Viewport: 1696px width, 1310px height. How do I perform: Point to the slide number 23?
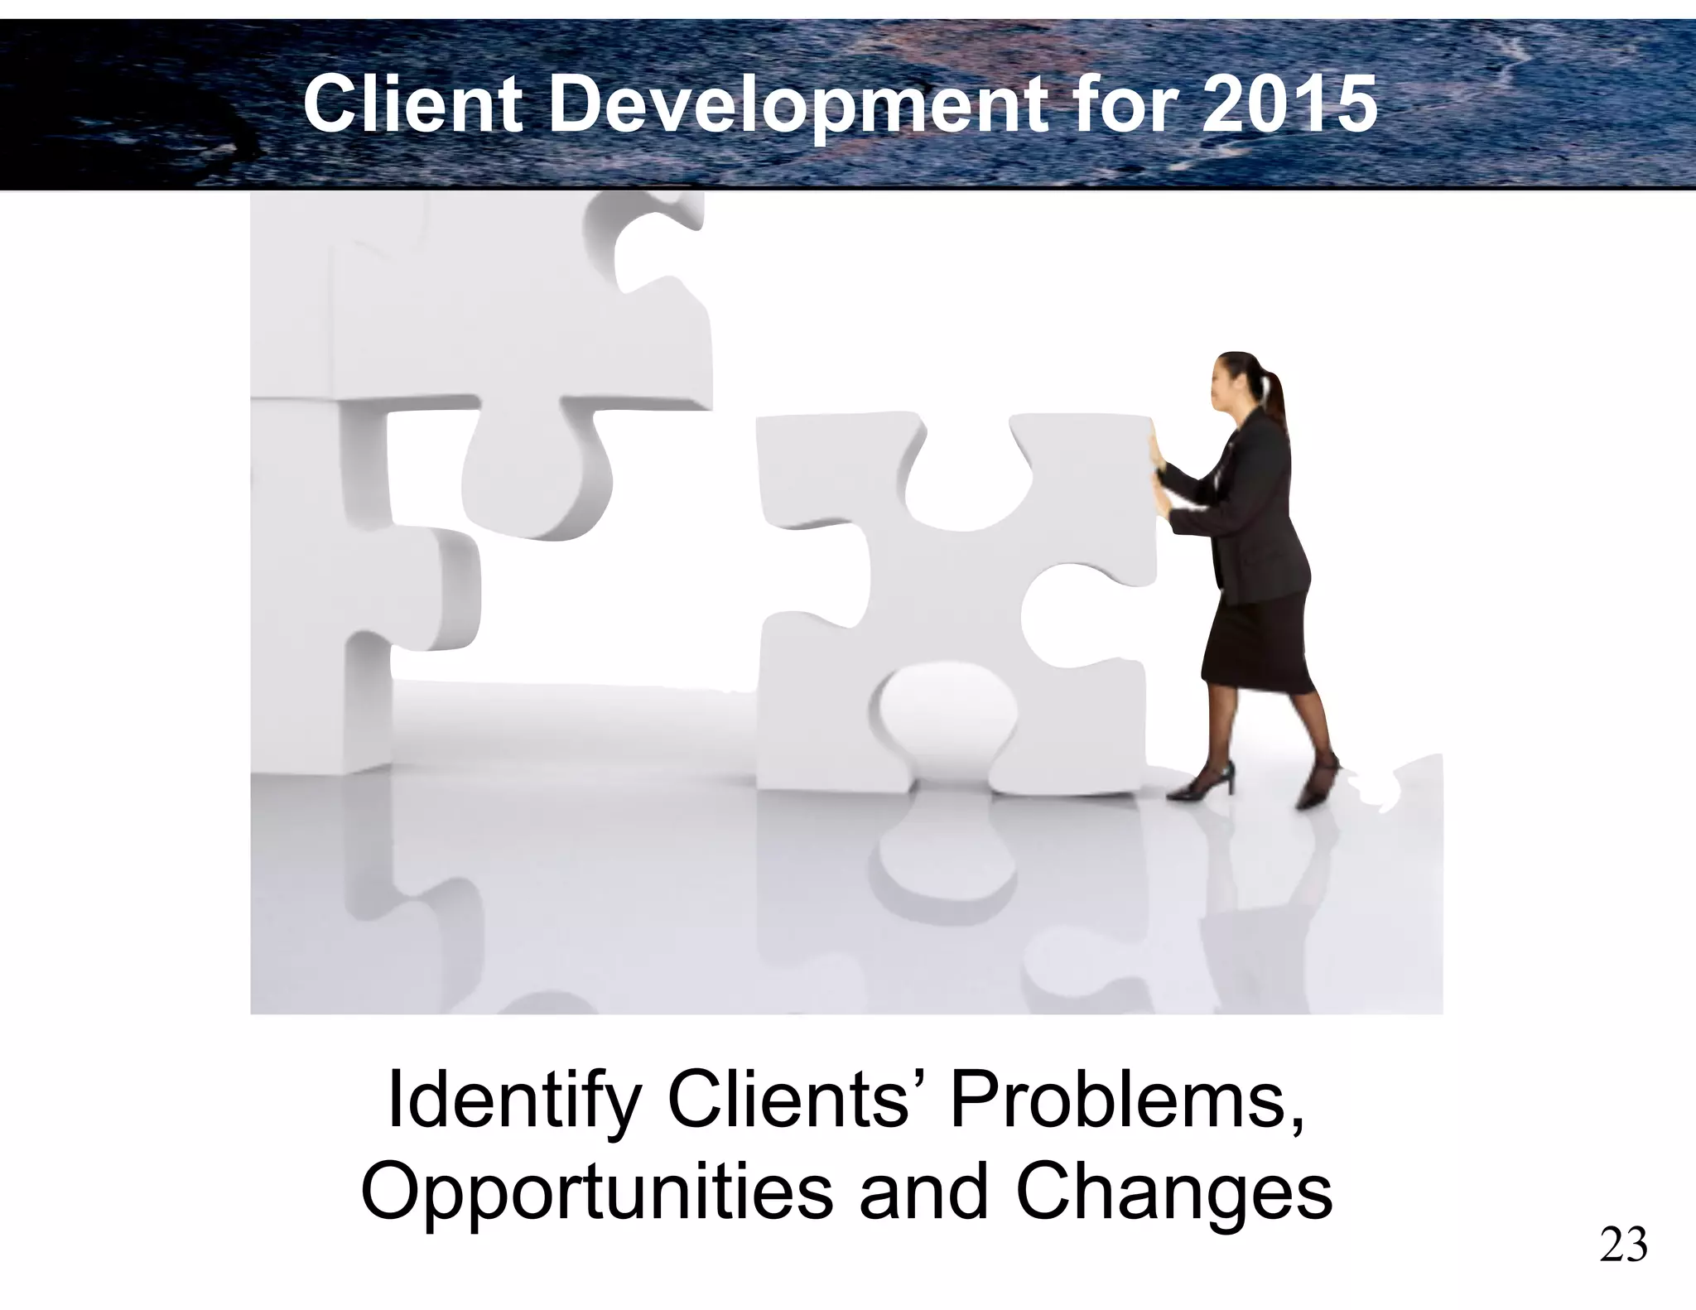point(1623,1247)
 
